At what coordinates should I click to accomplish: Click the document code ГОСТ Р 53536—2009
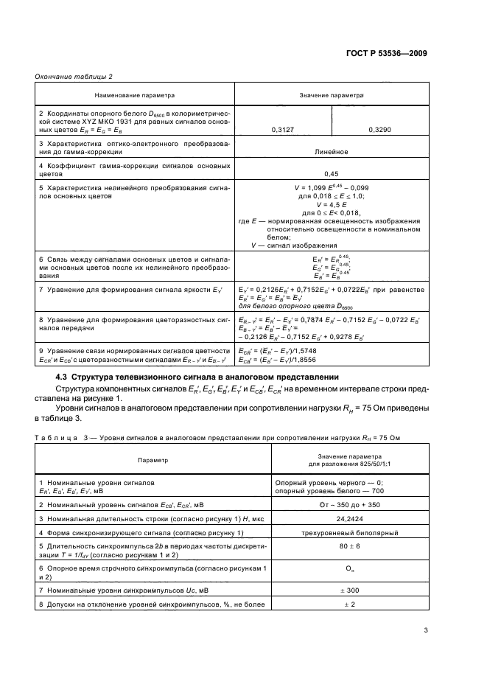click(x=387, y=54)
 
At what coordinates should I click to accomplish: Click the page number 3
click(x=426, y=630)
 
